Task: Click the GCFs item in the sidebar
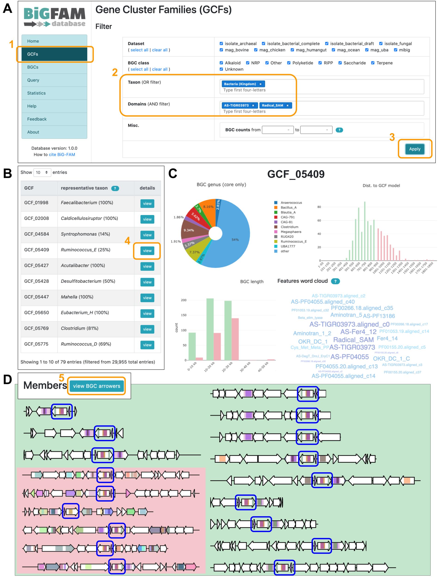point(54,54)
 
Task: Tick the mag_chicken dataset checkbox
point(256,50)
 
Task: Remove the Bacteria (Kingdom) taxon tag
point(260,84)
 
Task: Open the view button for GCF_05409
point(147,251)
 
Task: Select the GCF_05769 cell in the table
point(37,328)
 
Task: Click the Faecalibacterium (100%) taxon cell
point(87,203)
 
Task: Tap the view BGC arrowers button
point(97,386)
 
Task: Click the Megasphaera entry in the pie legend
point(291,232)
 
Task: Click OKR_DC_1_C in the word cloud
point(391,359)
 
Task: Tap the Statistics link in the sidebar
point(36,93)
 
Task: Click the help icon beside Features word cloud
point(335,281)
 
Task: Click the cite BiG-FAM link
point(62,154)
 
